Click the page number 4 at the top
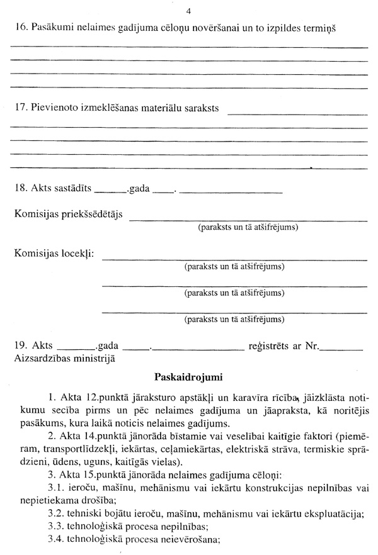pos(189,11)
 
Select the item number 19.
pos(20,345)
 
